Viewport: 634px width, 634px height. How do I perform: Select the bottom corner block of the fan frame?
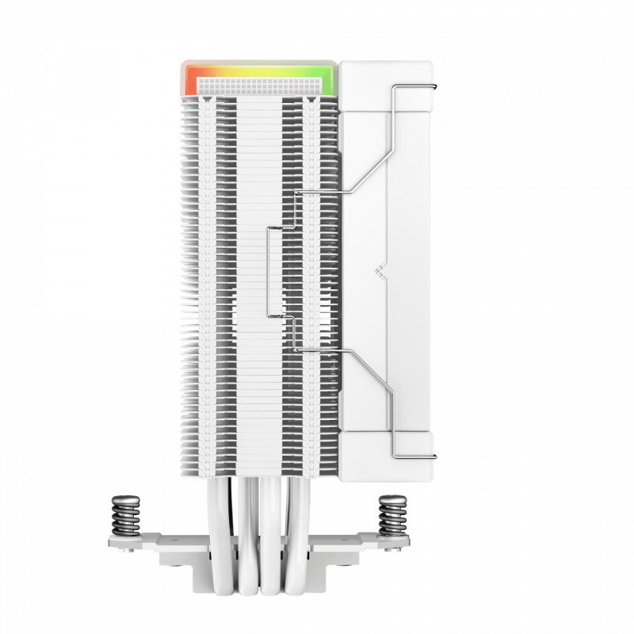388,456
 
